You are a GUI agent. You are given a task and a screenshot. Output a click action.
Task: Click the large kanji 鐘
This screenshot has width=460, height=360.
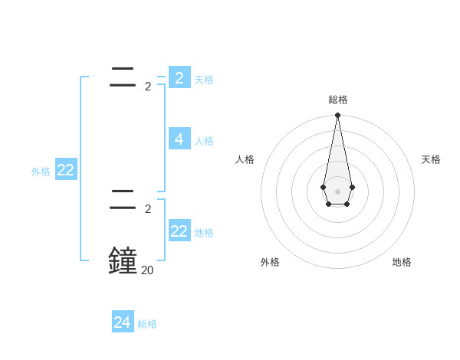(123, 260)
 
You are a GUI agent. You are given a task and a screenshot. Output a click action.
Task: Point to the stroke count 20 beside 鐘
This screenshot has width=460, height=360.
(146, 270)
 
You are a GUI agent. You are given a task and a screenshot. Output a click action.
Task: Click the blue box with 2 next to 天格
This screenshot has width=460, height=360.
(179, 78)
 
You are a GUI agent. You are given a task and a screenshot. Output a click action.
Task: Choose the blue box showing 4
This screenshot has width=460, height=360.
(179, 139)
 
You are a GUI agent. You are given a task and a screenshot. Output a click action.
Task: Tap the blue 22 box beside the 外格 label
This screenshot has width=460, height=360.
(65, 170)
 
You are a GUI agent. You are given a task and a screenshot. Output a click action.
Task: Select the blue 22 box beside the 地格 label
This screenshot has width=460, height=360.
(179, 231)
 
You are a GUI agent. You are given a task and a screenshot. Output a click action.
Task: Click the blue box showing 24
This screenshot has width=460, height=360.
(123, 322)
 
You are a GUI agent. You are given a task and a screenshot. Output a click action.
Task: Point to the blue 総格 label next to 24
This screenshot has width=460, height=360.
(147, 324)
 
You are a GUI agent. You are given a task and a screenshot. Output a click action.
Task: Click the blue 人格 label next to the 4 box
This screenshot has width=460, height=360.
(204, 141)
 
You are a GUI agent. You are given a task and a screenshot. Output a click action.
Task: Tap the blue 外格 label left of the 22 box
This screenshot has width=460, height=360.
(41, 172)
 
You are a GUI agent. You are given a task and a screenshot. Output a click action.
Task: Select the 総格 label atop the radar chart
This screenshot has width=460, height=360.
(338, 100)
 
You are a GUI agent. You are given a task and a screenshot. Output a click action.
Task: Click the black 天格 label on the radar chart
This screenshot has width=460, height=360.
(431, 159)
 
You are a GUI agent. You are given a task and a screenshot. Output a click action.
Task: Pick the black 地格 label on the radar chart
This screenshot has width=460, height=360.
(402, 262)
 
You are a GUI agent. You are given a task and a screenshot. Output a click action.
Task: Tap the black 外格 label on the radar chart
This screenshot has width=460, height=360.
(270, 262)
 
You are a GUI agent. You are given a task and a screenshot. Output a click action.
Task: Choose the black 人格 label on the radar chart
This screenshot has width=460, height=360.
(245, 159)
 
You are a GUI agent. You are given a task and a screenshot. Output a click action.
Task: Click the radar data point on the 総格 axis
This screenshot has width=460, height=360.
(337, 116)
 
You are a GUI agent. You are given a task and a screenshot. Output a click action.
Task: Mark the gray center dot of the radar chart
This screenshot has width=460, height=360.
(337, 191)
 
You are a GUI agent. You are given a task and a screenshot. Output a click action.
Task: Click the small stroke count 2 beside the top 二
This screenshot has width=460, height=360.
(148, 86)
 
